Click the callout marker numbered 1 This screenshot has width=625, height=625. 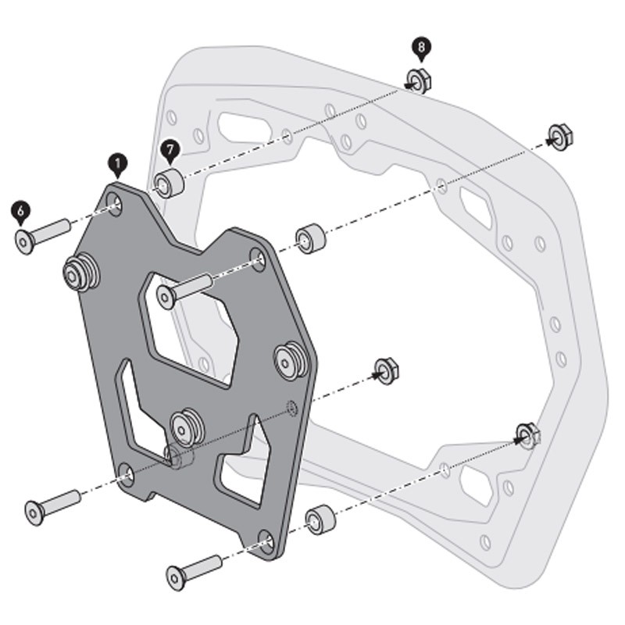(x=116, y=163)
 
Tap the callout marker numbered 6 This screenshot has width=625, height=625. (x=20, y=210)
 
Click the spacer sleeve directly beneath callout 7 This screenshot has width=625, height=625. (x=169, y=182)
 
